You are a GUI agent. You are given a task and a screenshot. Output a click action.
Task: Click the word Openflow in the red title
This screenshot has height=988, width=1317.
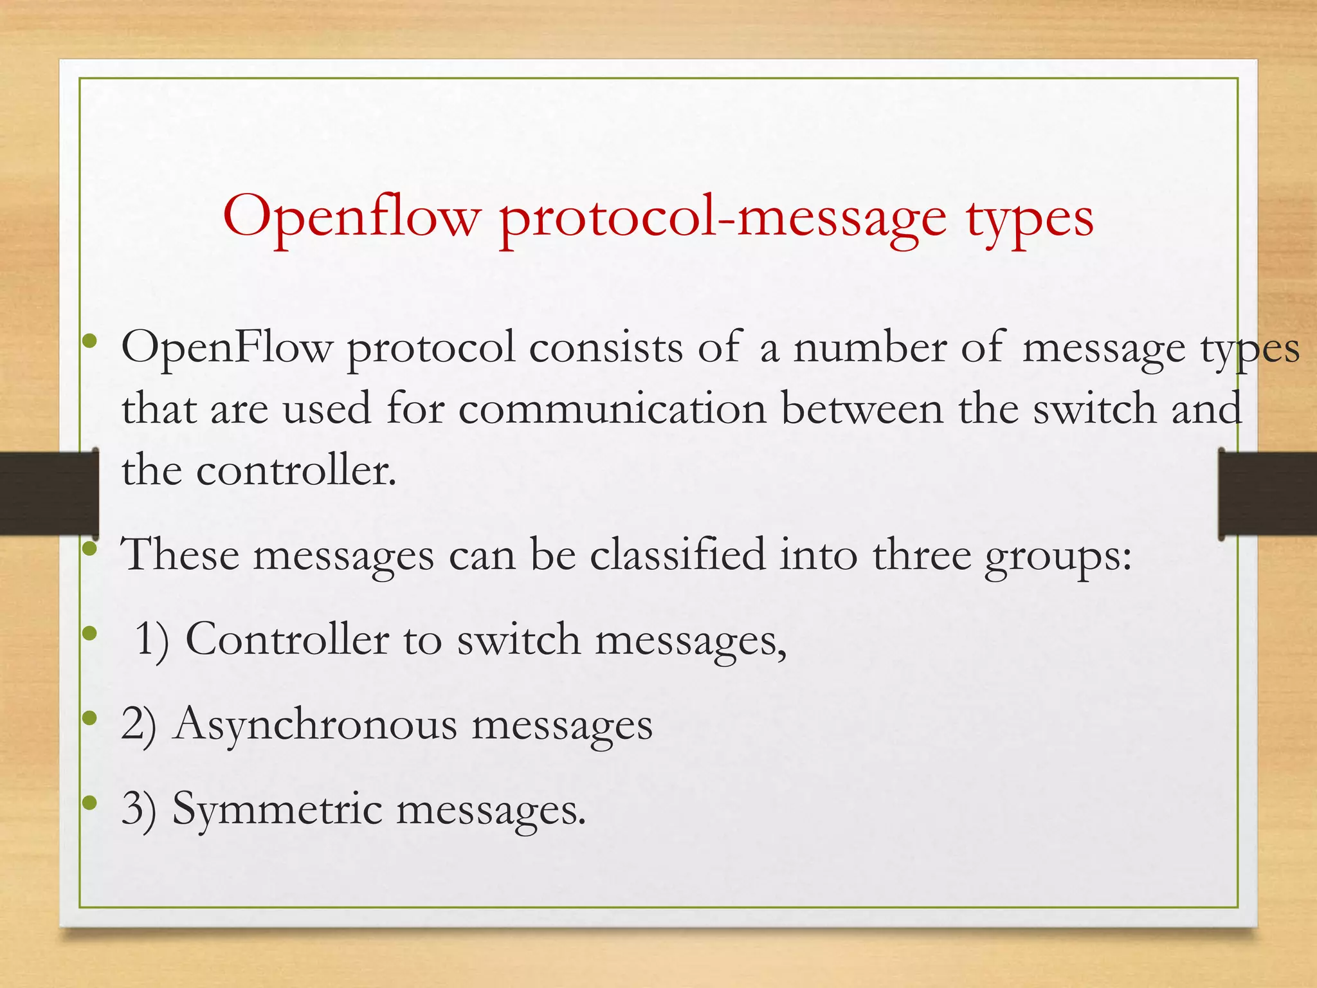(x=352, y=217)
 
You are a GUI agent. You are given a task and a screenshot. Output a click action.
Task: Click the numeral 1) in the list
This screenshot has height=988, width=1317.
(x=152, y=640)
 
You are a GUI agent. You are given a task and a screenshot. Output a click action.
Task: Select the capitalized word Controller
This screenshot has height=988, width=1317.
(x=287, y=640)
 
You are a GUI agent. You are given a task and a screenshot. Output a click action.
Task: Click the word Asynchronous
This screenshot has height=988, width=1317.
(x=315, y=724)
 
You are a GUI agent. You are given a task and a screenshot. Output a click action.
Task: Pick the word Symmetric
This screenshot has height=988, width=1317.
(x=277, y=809)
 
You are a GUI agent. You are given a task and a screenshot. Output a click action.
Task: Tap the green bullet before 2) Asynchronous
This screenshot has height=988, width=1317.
(x=90, y=717)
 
